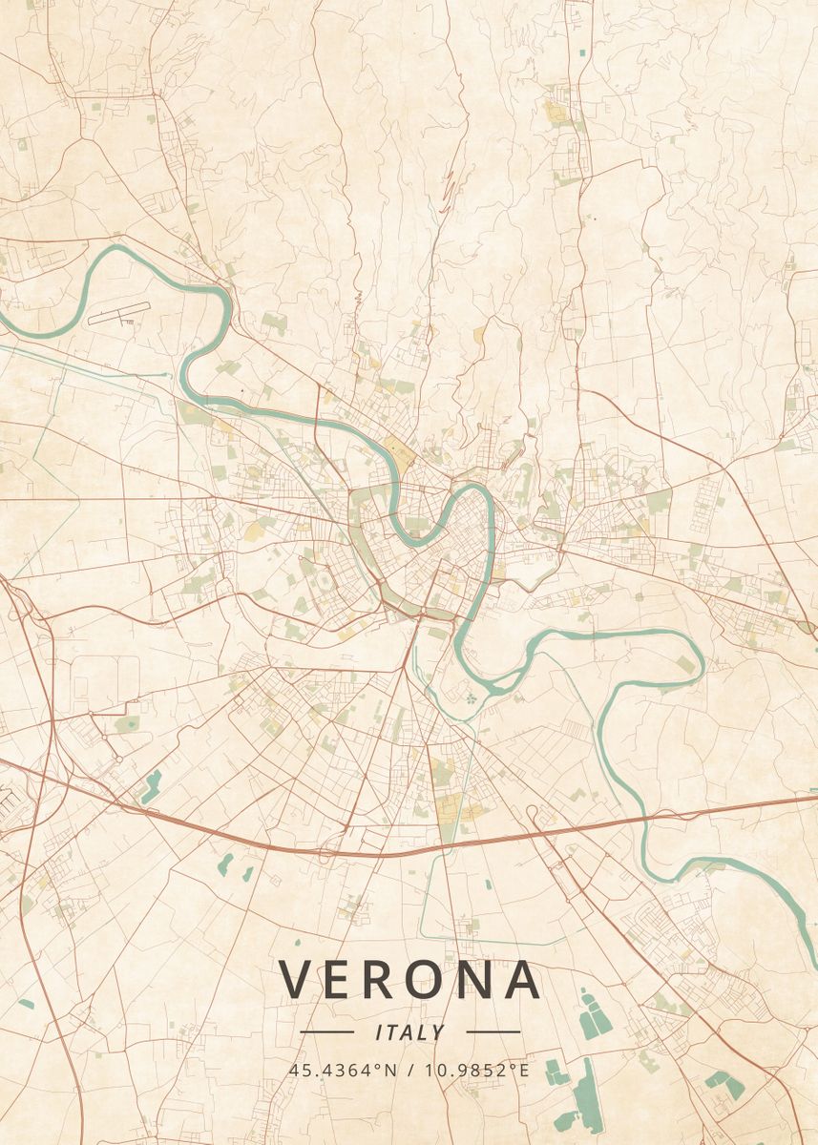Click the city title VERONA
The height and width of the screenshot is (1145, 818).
point(409,980)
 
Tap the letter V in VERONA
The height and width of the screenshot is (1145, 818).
point(296,980)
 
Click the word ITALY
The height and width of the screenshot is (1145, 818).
point(410,1032)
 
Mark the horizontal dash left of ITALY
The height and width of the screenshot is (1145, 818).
point(326,1032)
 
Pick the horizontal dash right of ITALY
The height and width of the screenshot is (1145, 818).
point(493,1032)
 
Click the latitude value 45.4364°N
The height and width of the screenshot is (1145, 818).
point(343,1070)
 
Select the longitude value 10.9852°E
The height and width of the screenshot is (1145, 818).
point(477,1070)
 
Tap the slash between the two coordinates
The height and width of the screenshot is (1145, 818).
point(411,1070)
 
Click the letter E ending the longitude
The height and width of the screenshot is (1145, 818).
point(523,1070)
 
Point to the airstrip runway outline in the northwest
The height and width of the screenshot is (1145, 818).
point(119,314)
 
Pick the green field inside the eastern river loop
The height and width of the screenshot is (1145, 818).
point(686,663)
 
